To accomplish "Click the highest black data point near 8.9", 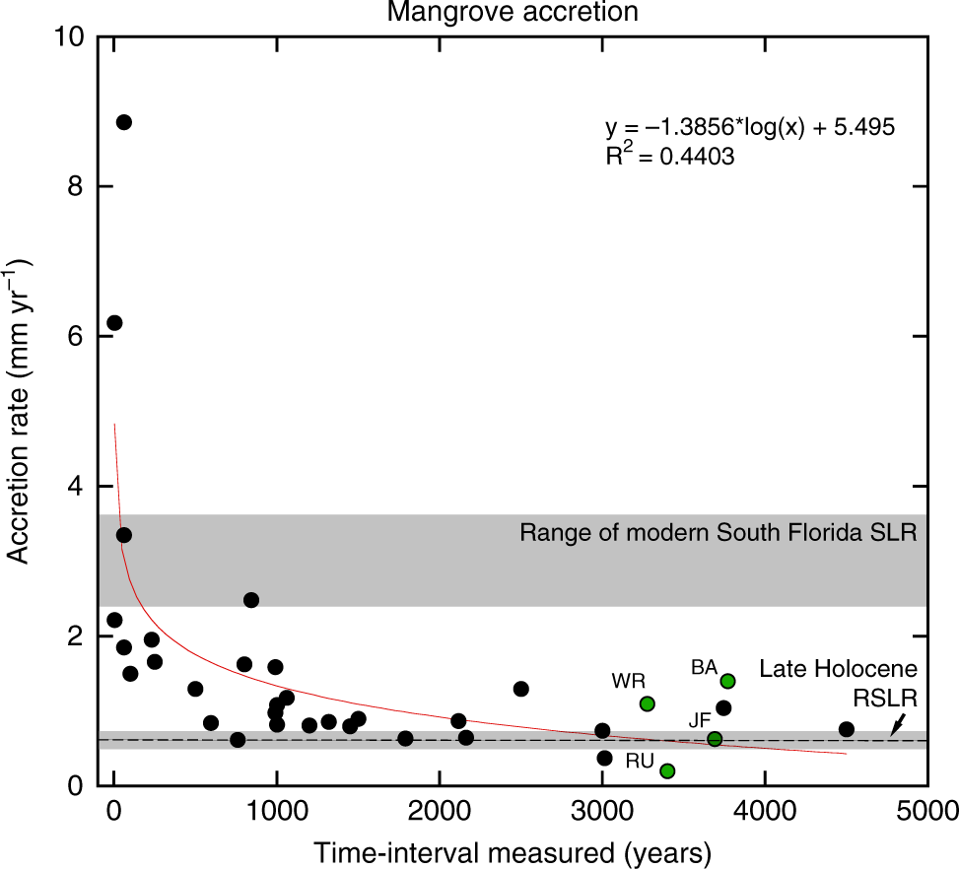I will pyautogui.click(x=124, y=122).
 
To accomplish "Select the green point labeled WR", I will pyautogui.click(x=647, y=703).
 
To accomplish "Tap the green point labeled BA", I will pyautogui.click(x=727, y=681).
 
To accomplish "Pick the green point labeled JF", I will pyautogui.click(x=715, y=739).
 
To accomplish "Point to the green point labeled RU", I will pyautogui.click(x=667, y=770).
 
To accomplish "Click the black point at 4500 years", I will pyautogui.click(x=846, y=729).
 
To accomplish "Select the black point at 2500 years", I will pyautogui.click(x=521, y=689).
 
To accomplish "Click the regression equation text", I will pyautogui.click(x=749, y=128).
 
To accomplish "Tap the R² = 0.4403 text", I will pyautogui.click(x=669, y=157).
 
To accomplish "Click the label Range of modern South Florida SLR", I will pyautogui.click(x=719, y=534).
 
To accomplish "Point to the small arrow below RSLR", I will pyautogui.click(x=895, y=727).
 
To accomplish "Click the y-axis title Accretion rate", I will pyautogui.click(x=20, y=411).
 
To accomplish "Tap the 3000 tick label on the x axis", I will pyautogui.click(x=601, y=813).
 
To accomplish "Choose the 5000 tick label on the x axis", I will pyautogui.click(x=926, y=813).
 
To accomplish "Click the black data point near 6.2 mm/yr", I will pyautogui.click(x=114, y=323).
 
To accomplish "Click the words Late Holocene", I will pyautogui.click(x=838, y=669).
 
